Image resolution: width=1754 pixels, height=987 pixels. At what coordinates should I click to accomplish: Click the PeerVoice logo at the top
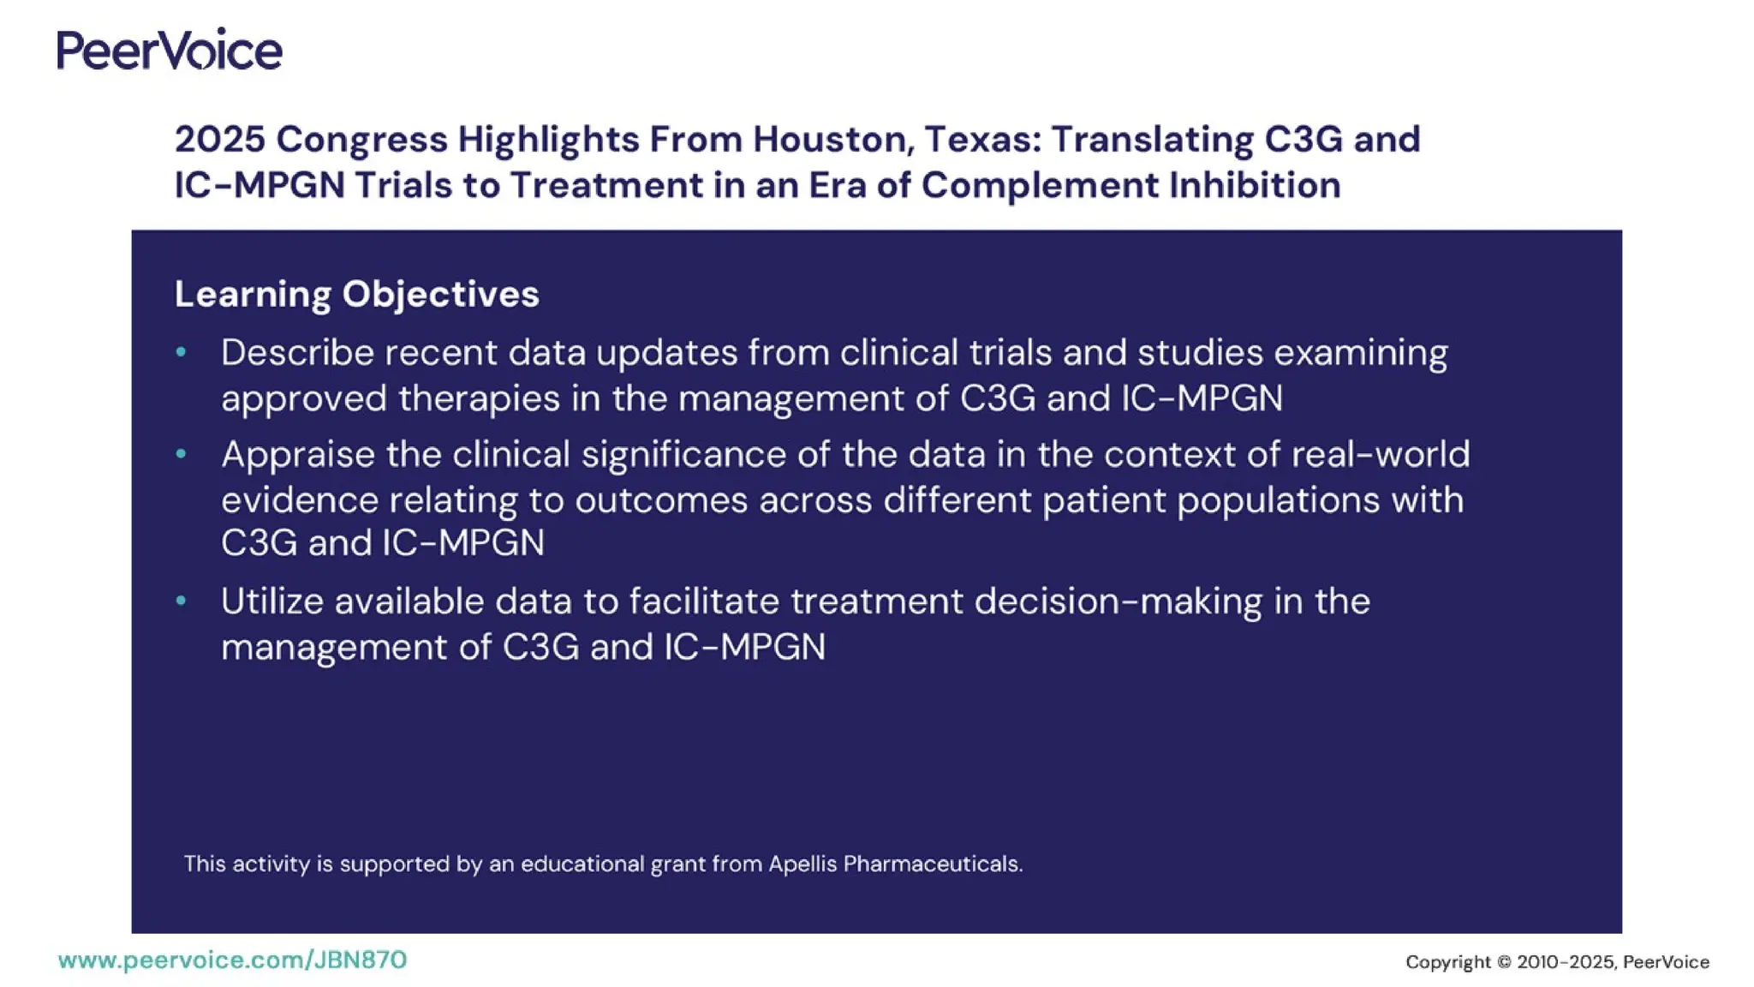point(170,49)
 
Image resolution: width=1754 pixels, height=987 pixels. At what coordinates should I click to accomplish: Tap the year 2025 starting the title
point(220,140)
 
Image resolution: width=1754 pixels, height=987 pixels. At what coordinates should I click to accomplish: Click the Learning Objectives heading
point(356,294)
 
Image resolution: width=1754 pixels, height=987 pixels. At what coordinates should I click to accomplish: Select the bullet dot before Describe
point(181,351)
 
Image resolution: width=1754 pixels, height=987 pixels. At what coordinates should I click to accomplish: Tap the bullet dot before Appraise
point(181,453)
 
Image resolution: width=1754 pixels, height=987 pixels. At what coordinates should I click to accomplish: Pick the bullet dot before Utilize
point(181,601)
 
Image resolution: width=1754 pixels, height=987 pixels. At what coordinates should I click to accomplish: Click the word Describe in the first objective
point(297,352)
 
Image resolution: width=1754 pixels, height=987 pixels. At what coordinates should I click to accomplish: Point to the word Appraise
point(297,454)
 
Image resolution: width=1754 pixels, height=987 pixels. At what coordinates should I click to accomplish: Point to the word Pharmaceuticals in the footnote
point(933,864)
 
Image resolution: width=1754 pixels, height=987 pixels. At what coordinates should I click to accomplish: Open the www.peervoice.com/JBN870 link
point(232,960)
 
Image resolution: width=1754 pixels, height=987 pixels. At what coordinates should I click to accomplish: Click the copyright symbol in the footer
point(1504,962)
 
